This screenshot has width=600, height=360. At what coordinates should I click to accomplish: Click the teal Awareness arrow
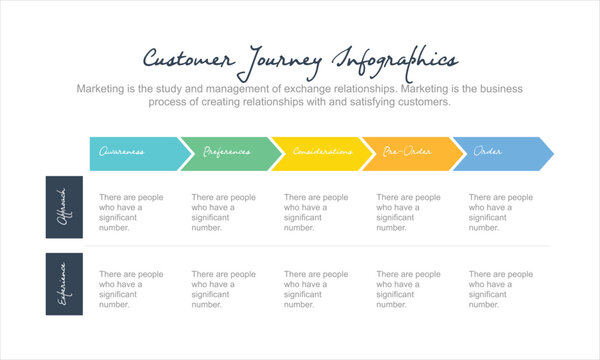[x=135, y=153]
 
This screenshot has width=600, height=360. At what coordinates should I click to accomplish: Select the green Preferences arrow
[x=226, y=153]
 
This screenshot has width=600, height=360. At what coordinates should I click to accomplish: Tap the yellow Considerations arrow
[x=317, y=153]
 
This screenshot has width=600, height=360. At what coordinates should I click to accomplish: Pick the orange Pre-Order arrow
[x=408, y=153]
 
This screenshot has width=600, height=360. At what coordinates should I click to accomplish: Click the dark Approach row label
[x=63, y=207]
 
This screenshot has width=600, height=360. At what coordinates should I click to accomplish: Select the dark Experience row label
[x=63, y=284]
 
